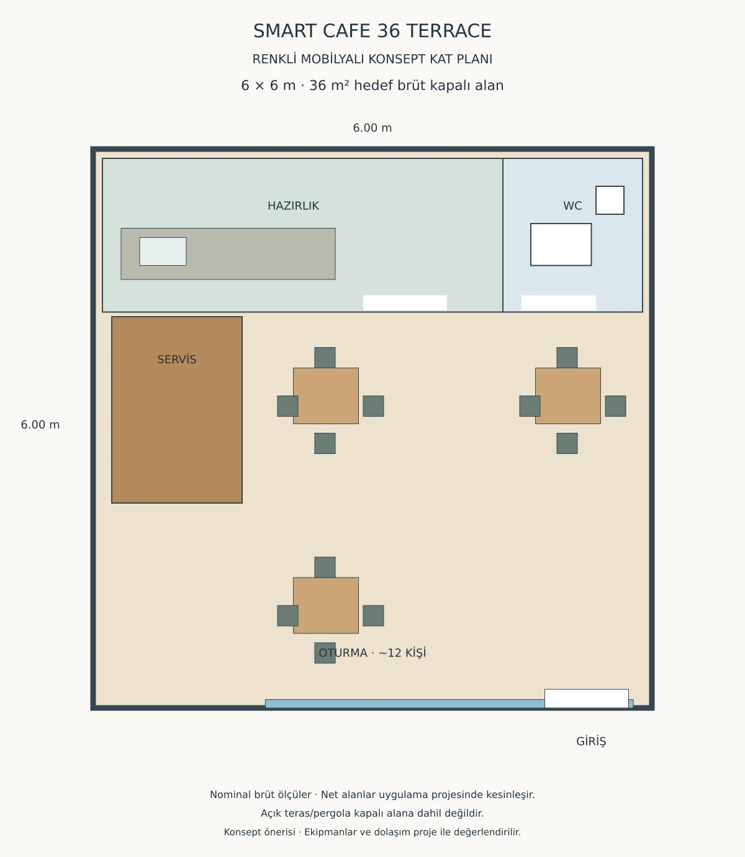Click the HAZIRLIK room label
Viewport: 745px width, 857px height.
tap(293, 206)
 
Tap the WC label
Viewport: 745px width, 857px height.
tap(572, 206)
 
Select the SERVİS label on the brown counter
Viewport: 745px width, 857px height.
tap(177, 360)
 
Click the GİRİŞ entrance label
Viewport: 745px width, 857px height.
tap(591, 741)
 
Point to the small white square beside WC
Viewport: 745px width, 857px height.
tap(610, 200)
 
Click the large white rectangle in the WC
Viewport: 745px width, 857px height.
tap(561, 244)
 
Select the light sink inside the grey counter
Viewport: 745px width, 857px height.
tap(163, 252)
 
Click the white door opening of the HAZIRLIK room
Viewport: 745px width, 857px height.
tap(405, 303)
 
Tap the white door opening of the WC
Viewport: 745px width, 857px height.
tap(559, 303)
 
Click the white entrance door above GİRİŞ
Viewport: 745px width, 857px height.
tap(586, 698)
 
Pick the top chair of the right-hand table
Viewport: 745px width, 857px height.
tap(567, 357)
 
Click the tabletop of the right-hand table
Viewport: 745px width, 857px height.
tap(568, 396)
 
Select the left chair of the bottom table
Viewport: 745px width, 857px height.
tap(287, 615)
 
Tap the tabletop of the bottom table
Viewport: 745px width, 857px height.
tap(326, 605)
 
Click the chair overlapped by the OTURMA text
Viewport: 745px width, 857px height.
tap(325, 653)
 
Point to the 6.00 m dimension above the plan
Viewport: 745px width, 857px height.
tap(372, 128)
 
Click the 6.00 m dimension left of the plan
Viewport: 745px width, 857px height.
tap(40, 425)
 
